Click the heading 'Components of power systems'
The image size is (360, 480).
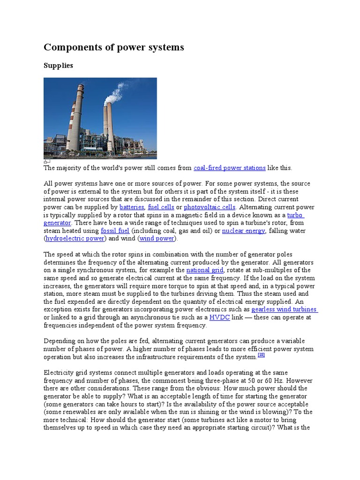click(114, 47)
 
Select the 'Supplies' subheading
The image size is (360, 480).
click(58, 66)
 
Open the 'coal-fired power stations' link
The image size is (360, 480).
click(229, 168)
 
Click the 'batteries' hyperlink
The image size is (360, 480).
click(132, 207)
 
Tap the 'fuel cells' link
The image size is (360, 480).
click(161, 207)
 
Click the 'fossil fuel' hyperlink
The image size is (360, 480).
click(115, 231)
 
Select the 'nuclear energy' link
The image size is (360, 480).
click(243, 231)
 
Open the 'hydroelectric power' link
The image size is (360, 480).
click(75, 239)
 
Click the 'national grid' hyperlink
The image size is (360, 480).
click(205, 270)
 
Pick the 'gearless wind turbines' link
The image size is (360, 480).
click(284, 309)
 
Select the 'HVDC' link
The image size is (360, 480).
click(218, 317)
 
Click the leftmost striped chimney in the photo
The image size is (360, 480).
click(75, 117)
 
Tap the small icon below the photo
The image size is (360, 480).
click(46, 162)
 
